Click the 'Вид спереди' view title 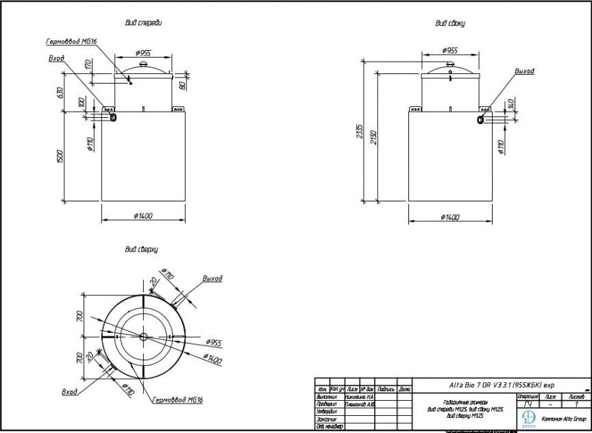point(143,23)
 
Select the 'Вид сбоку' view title point(450,23)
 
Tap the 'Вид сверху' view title point(142,250)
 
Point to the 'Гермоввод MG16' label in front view point(72,42)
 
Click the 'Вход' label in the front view point(56,59)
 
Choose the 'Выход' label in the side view point(524,71)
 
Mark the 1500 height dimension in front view point(60,156)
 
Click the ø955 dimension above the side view point(450,51)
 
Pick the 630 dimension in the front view point(60,93)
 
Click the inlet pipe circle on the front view point(112,117)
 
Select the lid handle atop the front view point(143,64)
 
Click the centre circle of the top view point(143,336)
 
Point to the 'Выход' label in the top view point(212,279)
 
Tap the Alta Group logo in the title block point(528,418)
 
